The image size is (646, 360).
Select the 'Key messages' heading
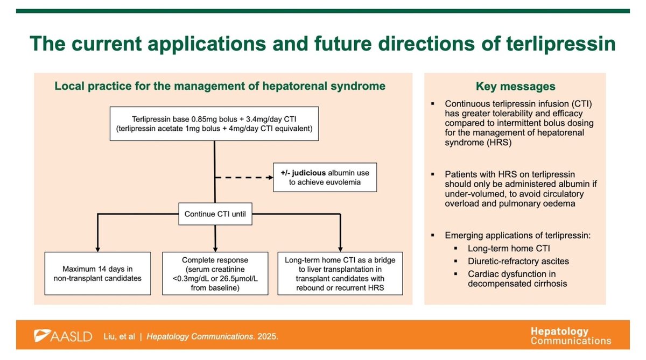515,86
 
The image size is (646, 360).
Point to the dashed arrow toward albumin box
242,177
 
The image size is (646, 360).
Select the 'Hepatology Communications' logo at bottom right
571,336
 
